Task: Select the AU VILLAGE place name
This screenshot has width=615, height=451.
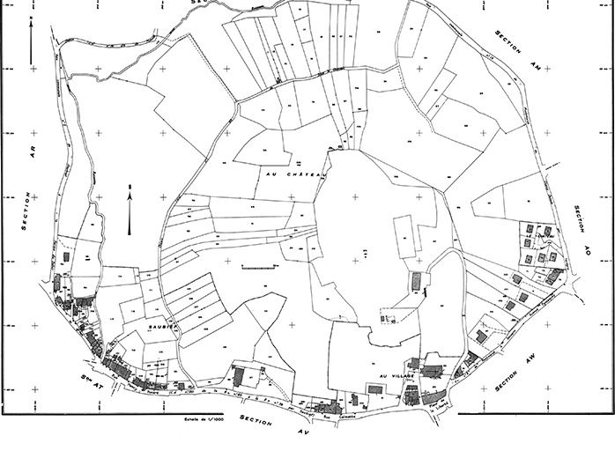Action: click(x=389, y=376)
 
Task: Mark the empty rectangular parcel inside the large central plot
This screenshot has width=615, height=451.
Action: click(x=402, y=237)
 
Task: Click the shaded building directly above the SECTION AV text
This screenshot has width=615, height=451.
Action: click(x=329, y=407)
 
